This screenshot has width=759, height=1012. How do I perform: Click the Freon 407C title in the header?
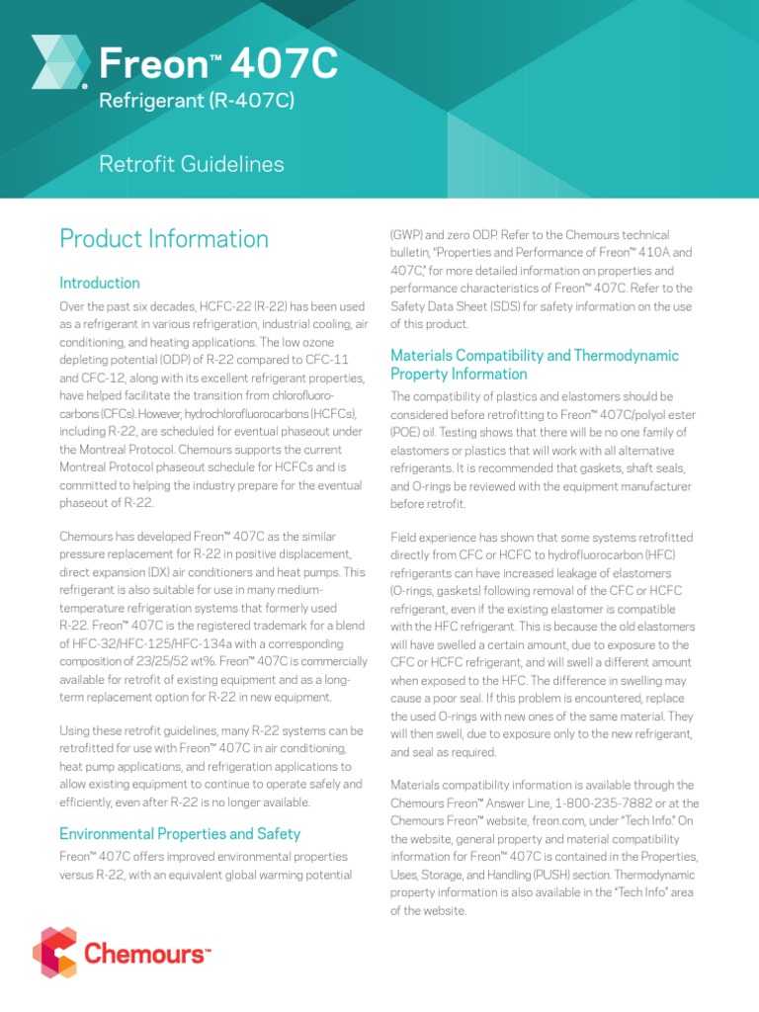pos(218,65)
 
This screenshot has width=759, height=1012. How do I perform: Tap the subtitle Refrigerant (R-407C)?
pos(197,101)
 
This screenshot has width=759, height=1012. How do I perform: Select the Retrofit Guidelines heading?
pos(192,164)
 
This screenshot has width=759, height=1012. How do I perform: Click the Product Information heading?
pos(164,239)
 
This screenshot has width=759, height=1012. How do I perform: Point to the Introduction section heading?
pos(100,283)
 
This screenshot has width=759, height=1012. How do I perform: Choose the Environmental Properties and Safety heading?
pos(180,833)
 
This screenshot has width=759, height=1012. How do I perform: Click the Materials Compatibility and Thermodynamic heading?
pos(535,355)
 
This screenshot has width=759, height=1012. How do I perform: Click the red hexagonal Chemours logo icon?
pos(54,952)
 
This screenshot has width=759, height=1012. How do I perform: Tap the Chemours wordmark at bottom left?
pos(146,955)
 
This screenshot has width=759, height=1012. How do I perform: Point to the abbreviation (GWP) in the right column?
pos(409,235)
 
